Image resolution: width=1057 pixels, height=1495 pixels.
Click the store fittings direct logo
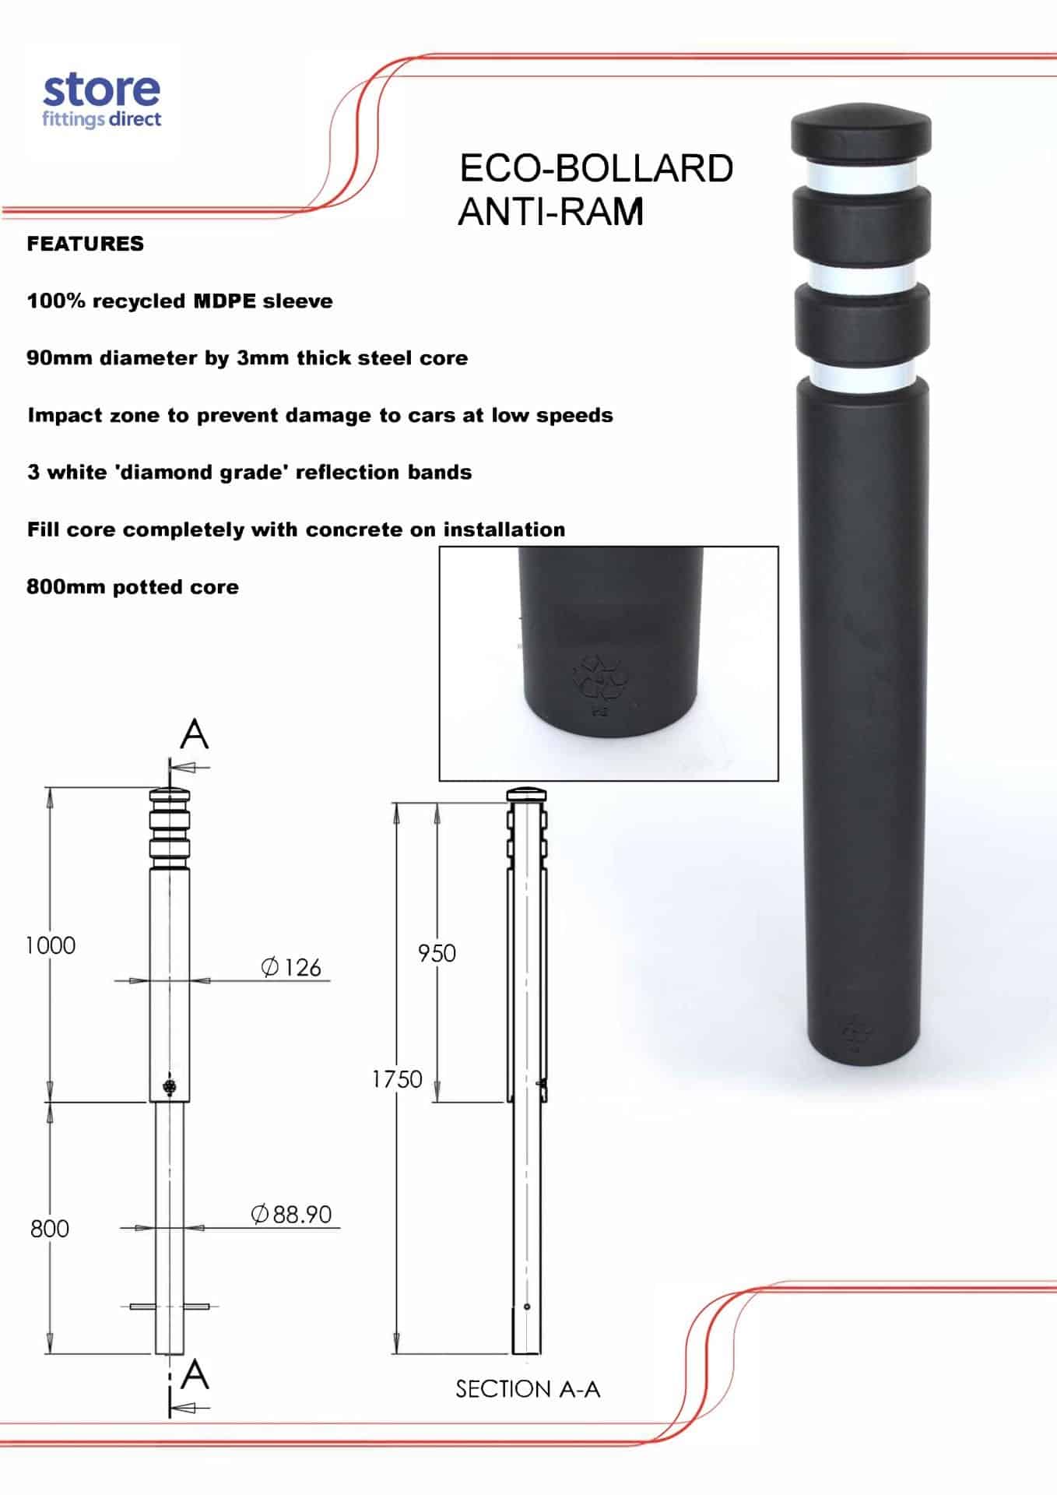click(x=101, y=101)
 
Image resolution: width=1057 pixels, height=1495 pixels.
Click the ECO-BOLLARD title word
click(x=595, y=169)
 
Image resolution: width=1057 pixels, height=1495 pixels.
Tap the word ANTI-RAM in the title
click(x=551, y=212)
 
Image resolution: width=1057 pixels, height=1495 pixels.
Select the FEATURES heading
click(x=86, y=244)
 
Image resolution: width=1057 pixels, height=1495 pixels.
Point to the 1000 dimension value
click(x=51, y=945)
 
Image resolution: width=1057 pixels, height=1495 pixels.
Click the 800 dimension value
click(x=50, y=1228)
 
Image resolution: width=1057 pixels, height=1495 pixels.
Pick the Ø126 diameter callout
click(x=291, y=967)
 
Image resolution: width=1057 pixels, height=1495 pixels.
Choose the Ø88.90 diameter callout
click(x=292, y=1214)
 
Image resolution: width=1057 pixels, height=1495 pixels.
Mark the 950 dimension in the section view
click(x=437, y=953)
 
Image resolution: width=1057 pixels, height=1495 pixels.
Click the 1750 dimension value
click(x=397, y=1078)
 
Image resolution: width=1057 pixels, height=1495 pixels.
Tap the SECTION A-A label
click(x=528, y=1388)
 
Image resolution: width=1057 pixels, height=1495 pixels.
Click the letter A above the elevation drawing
click(x=195, y=733)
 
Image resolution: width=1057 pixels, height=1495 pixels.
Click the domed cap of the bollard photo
click(x=861, y=131)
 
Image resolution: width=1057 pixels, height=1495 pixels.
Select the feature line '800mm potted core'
click(x=132, y=587)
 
